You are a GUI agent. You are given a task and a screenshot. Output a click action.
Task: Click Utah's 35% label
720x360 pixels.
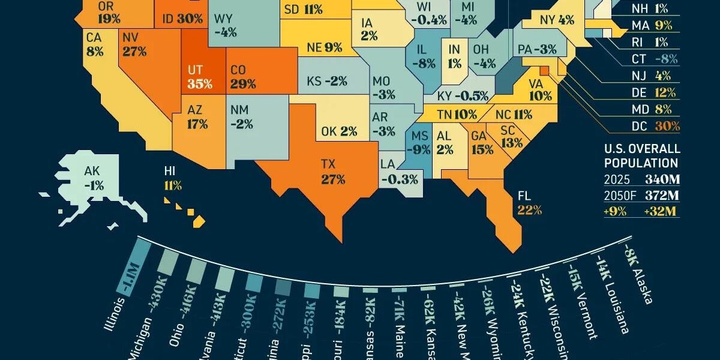click(200, 83)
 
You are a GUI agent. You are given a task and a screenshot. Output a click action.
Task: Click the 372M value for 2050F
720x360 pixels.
click(661, 196)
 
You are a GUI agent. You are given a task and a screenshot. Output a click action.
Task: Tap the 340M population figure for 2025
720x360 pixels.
click(661, 179)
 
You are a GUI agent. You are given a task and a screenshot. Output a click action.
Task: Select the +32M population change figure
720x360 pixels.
click(661, 211)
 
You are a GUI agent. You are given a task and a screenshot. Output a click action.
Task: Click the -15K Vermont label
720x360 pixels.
click(581, 303)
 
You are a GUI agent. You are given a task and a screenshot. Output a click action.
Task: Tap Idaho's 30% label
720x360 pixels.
click(182, 19)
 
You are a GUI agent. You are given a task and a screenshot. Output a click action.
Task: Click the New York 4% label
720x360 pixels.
click(557, 20)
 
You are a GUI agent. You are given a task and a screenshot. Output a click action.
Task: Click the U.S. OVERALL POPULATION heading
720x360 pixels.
click(642, 155)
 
